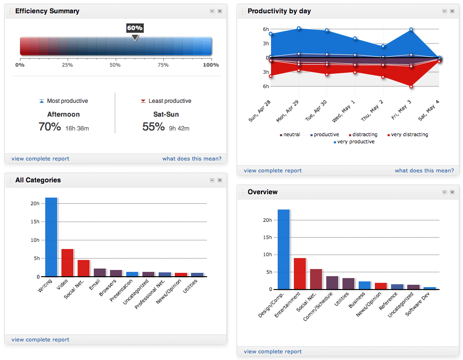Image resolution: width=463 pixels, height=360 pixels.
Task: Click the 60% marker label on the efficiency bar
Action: pos(135,28)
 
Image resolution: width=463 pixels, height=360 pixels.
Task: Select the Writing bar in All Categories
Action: pos(51,237)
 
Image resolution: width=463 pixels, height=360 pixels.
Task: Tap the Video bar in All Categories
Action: pos(67,262)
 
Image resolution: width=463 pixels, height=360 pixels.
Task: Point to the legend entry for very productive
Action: pos(355,142)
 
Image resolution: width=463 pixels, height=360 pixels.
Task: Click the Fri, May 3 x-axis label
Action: pos(403,110)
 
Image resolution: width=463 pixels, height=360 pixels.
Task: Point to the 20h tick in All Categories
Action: pos(35,203)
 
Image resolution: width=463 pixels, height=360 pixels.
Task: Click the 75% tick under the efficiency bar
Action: pos(163,65)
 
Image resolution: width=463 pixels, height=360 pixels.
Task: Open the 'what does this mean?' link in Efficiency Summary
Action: pos(191,159)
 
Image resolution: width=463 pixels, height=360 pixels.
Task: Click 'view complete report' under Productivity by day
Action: pos(272,170)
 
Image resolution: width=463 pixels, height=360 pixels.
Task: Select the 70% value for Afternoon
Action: pos(50,127)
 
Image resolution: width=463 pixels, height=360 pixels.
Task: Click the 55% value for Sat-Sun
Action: pos(153,127)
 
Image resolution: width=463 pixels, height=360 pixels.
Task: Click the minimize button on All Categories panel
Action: pos(211,180)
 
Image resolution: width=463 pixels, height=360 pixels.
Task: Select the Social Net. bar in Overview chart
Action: pos(316,279)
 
